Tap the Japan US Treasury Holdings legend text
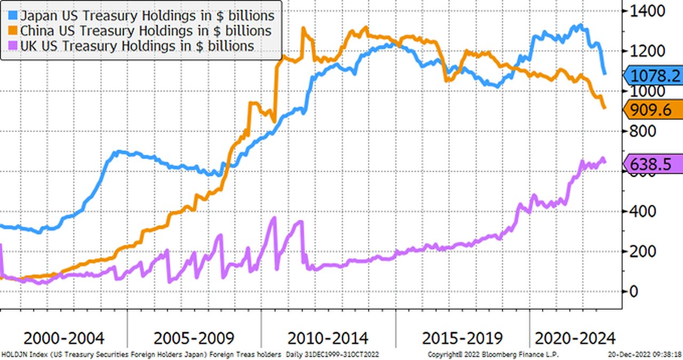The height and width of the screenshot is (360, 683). [x=147, y=17]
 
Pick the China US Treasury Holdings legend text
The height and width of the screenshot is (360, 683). [x=146, y=31]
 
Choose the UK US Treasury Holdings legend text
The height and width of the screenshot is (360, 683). [x=137, y=46]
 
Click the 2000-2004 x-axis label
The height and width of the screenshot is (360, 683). [x=64, y=338]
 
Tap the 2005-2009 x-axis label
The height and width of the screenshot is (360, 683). [x=194, y=338]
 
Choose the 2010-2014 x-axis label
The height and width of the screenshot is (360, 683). [x=328, y=338]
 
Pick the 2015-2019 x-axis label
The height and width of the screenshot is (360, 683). [x=462, y=338]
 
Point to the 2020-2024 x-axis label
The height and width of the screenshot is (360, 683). [x=575, y=338]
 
